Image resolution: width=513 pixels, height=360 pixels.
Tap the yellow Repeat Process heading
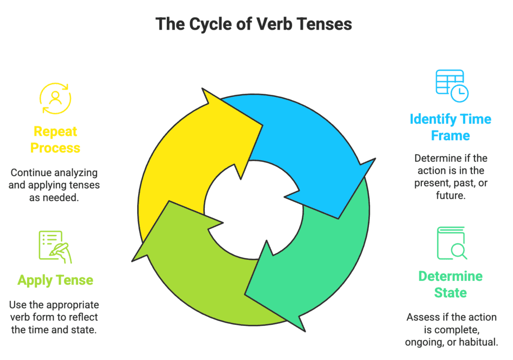55,140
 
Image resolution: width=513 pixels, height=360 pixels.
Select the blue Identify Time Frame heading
450,127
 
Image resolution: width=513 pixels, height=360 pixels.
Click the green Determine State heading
450,284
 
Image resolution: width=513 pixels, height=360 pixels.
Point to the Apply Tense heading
55,279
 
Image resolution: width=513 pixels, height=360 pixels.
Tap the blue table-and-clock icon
451,86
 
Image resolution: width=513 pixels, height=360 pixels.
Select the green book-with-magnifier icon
451,244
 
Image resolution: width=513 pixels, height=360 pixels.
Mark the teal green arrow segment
321,250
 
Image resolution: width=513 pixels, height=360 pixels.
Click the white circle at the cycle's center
253,209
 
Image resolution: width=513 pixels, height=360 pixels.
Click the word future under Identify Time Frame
450,196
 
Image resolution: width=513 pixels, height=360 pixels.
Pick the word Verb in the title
268,24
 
